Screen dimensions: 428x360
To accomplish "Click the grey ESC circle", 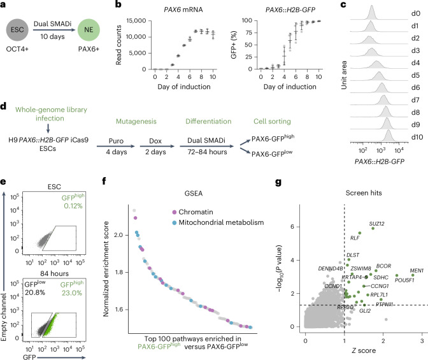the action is point(17,30).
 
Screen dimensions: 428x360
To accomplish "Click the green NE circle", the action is point(89,30).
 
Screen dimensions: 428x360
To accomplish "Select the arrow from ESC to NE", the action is point(53,29).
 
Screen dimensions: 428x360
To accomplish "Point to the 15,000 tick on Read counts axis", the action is point(136,21).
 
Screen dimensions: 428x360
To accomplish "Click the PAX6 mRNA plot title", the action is point(183,10).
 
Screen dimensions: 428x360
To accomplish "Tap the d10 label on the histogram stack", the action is point(417,137).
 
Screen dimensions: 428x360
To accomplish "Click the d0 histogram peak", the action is point(371,6).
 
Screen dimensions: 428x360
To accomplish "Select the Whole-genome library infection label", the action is point(51,114).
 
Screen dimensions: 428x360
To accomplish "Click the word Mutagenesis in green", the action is point(136,121).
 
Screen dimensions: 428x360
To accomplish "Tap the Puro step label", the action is point(116,141).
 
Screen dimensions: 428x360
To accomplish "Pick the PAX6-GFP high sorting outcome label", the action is point(273,138).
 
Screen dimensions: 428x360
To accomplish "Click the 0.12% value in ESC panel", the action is point(73,206).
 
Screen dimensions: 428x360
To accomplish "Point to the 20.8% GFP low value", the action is point(35,292).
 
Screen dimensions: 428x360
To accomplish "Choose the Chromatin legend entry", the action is point(192,212).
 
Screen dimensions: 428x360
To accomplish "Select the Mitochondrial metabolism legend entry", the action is point(218,222).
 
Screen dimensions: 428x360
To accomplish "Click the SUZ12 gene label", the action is point(376,224).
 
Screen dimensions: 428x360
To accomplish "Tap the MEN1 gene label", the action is point(417,270).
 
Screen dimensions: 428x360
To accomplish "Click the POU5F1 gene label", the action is point(404,280).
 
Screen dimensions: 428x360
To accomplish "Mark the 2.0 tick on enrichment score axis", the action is point(118,235).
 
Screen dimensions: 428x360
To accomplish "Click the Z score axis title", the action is point(364,350).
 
